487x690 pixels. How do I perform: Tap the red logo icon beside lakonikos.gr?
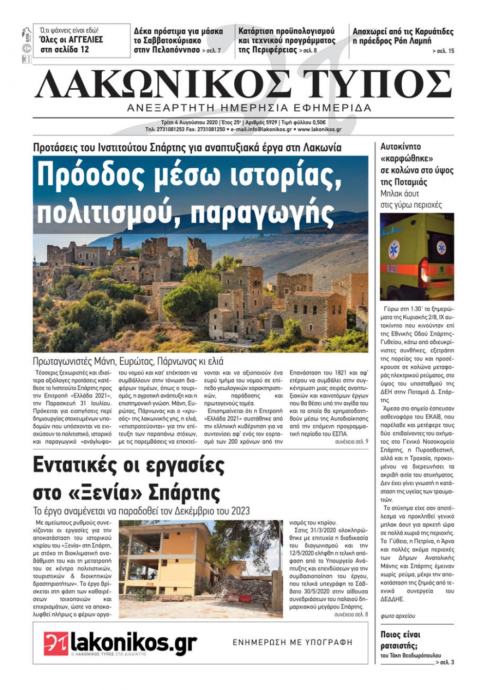pyautogui.click(x=56, y=643)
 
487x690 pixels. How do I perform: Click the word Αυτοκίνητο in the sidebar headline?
pyautogui.click(x=400, y=147)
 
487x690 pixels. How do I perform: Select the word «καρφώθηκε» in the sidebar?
pyautogui.click(x=407, y=158)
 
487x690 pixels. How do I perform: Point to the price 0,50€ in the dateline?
pyautogui.click(x=319, y=122)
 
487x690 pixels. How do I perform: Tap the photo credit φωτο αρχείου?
pyautogui.click(x=398, y=616)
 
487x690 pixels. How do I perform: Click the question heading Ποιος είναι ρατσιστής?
pyautogui.click(x=401, y=640)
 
